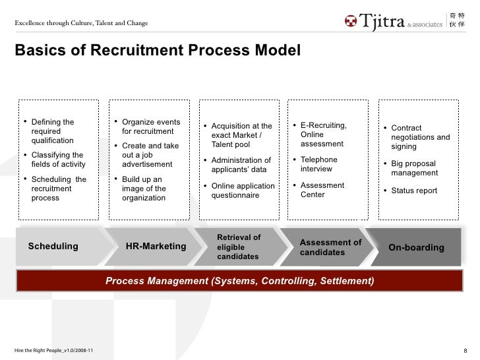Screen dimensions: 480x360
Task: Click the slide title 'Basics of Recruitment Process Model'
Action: point(157,51)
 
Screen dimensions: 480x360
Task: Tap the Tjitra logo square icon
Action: point(350,22)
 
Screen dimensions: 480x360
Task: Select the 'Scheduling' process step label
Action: point(53,247)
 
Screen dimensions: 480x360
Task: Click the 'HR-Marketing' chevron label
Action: point(156,247)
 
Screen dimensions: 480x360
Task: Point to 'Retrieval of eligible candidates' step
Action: point(239,247)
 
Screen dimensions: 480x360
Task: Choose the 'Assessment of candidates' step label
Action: point(330,247)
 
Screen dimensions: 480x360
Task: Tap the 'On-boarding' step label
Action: point(416,247)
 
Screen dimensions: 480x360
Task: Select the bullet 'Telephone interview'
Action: point(318,164)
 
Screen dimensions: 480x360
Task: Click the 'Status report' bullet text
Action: point(414,191)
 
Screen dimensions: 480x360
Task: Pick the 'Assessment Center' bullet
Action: point(322,190)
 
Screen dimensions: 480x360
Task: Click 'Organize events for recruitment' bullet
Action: point(150,127)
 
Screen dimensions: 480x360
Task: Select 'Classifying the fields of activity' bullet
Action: point(57,160)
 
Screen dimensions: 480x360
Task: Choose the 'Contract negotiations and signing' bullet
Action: point(420,137)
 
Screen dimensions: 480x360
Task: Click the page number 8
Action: point(466,349)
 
